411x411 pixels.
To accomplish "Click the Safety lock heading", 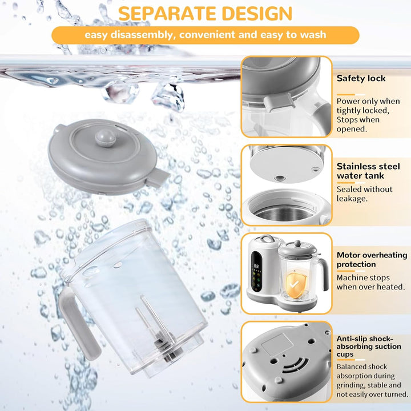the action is coord(361,78).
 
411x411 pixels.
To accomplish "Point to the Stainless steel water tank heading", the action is coord(368,171).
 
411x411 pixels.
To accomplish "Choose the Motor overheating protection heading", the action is coord(372,260).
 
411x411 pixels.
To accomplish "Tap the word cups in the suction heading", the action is coord(345,354).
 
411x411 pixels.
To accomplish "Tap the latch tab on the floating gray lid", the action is coord(158,178).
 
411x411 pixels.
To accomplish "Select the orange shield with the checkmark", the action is coord(296,284).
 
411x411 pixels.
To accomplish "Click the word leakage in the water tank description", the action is coord(352,199).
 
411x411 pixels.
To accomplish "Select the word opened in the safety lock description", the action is coord(351,129).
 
